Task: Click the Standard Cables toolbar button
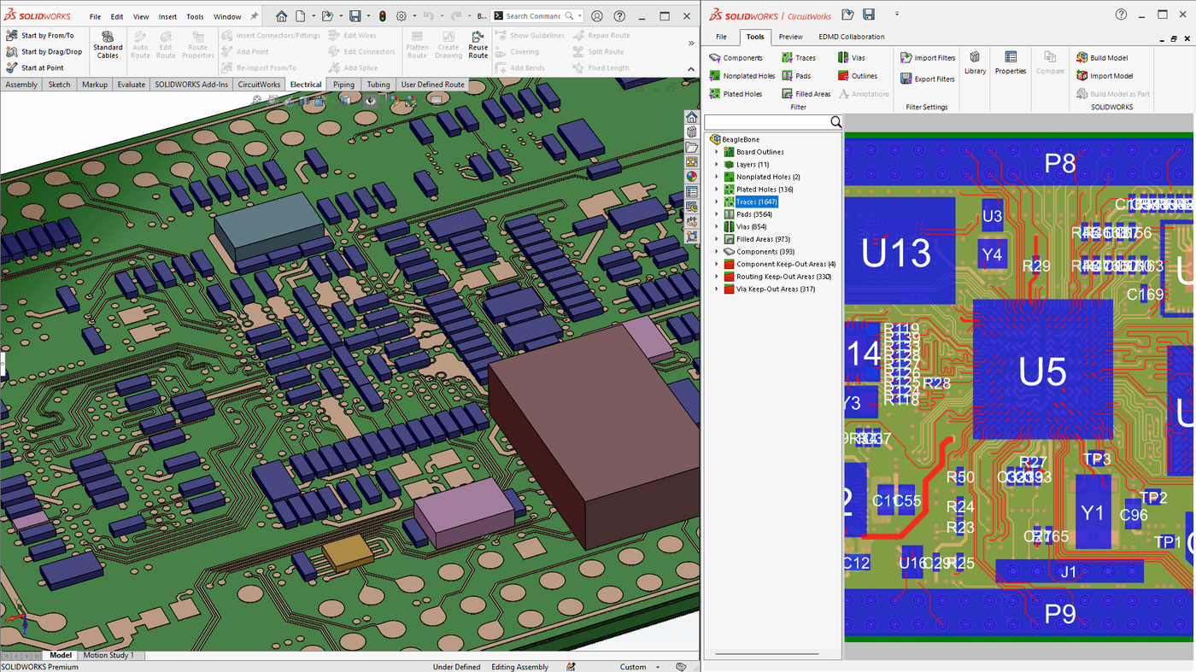click(x=108, y=46)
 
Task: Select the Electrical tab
click(x=305, y=85)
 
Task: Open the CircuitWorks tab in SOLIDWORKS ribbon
click(x=259, y=85)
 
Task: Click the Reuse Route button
click(x=478, y=46)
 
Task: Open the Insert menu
click(x=167, y=16)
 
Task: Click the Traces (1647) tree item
click(x=755, y=202)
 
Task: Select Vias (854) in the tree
click(x=751, y=227)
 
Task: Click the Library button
click(x=975, y=62)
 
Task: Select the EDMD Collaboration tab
click(x=851, y=37)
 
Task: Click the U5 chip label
click(x=1042, y=372)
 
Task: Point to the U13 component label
click(x=895, y=254)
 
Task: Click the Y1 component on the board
click(x=1092, y=512)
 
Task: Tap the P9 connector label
click(x=1059, y=614)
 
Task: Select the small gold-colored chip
click(x=347, y=554)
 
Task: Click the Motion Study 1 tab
click(x=108, y=656)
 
